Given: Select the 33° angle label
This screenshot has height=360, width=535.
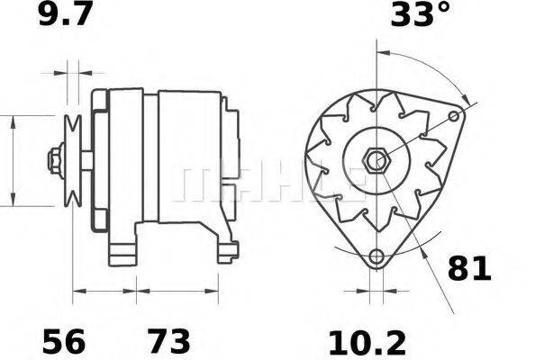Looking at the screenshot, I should pos(420,15).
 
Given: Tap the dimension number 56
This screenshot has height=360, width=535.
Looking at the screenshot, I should pos(64,341).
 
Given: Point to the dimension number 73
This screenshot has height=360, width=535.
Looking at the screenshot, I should pos(168,341).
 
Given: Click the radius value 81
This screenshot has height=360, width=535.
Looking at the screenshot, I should pos(469,268).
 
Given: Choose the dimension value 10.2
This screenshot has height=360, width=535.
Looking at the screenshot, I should pos(367,341).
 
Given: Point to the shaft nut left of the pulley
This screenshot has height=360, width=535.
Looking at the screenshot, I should pos(54,160).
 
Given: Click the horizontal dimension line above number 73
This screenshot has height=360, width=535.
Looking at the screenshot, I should pos(177,291).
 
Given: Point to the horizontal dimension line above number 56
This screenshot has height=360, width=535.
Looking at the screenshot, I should pos(104,291).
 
